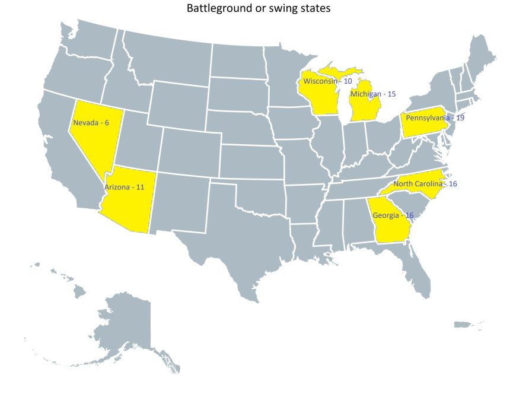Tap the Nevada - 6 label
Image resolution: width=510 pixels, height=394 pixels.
[x=91, y=123]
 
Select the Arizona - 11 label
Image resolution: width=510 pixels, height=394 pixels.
[x=124, y=187]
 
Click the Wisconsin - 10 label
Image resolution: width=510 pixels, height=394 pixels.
[x=327, y=81]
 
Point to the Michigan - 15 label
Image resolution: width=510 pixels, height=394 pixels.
[x=372, y=94]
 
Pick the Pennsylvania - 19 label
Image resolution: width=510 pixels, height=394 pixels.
[x=435, y=118]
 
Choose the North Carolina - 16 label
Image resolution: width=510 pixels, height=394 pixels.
[x=425, y=184]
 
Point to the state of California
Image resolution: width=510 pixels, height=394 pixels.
[x=59, y=154]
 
